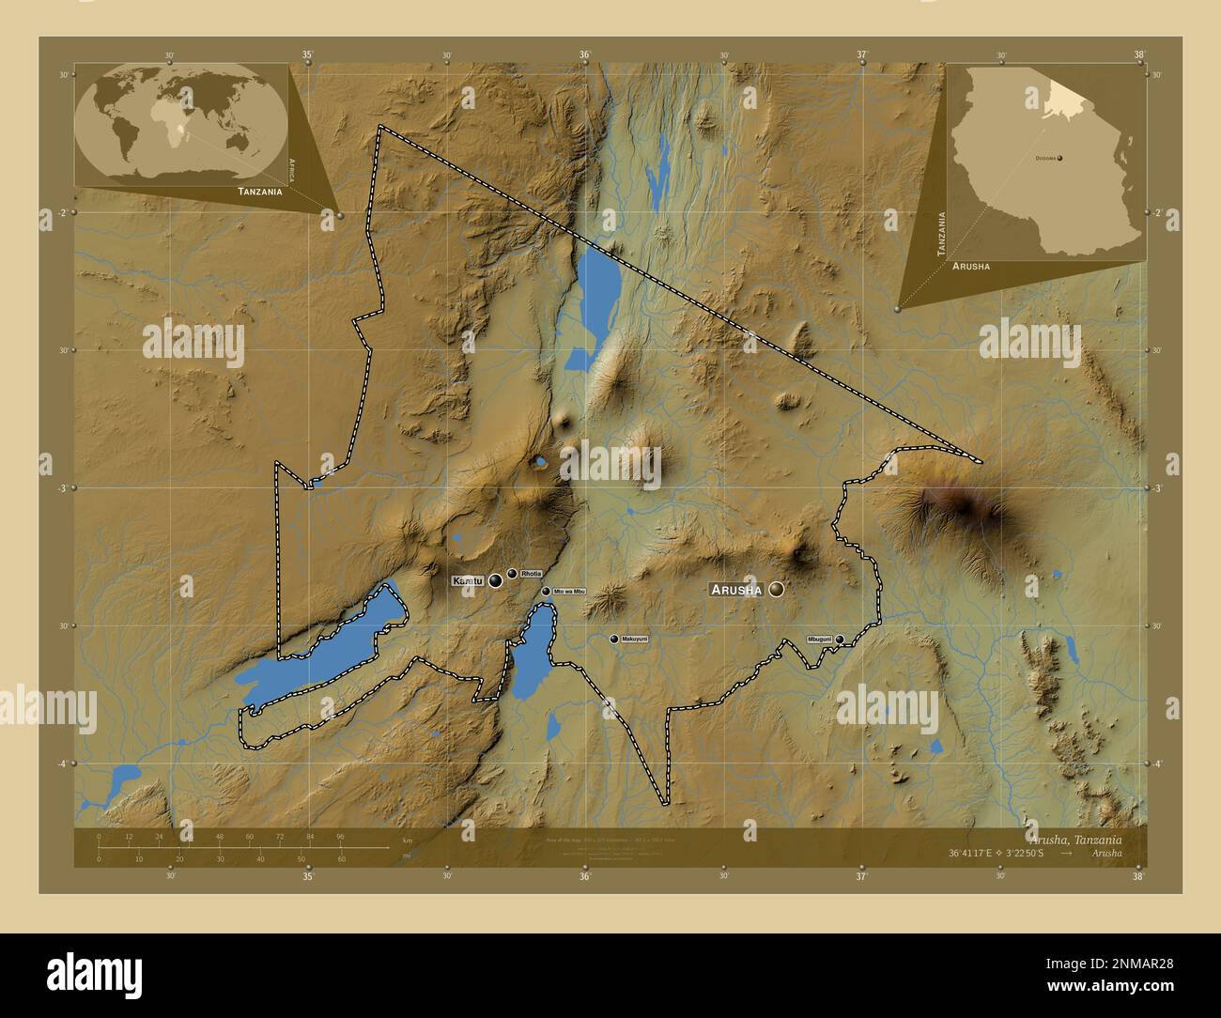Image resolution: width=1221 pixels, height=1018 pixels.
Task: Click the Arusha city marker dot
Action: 777,589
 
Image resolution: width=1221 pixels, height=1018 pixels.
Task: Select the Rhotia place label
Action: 531,573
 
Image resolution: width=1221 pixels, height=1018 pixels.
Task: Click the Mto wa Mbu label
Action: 569,591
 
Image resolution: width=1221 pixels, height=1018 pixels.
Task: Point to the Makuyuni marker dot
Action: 614,639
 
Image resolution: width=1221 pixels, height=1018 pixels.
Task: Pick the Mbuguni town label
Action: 819,639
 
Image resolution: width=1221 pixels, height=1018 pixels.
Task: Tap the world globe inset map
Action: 180,123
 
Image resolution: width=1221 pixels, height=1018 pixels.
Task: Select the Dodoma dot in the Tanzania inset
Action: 1059,159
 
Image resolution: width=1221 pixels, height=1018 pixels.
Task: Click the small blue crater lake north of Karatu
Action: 540,461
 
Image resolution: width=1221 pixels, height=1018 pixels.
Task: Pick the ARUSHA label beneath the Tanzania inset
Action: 970,267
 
